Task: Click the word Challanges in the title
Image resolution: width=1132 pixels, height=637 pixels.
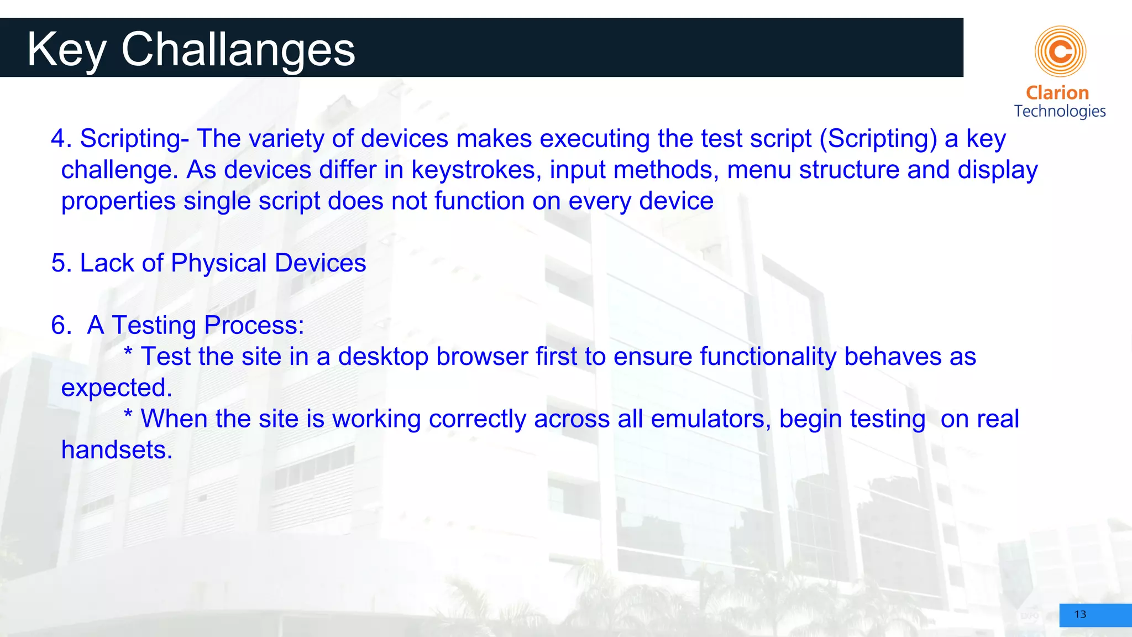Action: pos(238,50)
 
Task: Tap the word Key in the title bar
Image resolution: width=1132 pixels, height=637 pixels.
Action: pos(66,50)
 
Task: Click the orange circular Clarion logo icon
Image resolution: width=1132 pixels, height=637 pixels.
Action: pos(1060,51)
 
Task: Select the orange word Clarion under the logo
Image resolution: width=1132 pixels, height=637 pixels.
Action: pos(1057,93)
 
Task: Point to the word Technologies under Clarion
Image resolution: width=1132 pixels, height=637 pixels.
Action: pos(1060,111)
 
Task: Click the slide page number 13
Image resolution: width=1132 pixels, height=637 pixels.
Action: pos(1080,614)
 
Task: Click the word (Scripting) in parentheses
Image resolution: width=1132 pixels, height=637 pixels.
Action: pos(878,139)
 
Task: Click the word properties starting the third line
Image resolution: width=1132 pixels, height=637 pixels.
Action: pos(118,201)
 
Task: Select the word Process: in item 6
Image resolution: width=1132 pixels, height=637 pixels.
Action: pos(254,326)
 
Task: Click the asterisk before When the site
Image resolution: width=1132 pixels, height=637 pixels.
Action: pos(128,415)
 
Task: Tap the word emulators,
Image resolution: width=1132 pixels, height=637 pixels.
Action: pos(711,419)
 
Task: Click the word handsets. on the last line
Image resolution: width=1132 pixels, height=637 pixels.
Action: pos(117,450)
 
